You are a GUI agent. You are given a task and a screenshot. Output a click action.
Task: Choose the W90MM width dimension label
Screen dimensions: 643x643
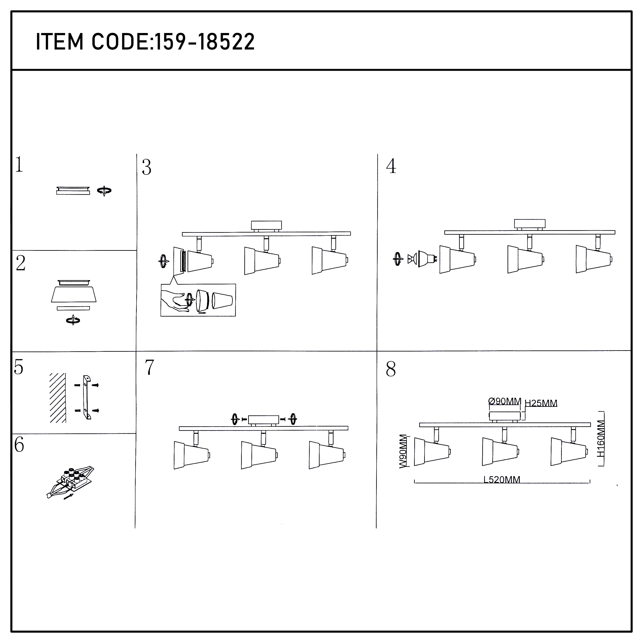[x=403, y=451]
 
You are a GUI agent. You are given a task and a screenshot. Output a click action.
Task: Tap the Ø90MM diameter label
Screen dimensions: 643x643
[x=505, y=401]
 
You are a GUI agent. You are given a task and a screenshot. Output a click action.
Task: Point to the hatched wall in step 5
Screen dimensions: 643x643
[x=58, y=398]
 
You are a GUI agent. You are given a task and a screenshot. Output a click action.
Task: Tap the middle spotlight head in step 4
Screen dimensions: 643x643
[x=526, y=259]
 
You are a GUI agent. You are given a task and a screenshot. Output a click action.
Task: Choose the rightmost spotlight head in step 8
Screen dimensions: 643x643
[x=568, y=451]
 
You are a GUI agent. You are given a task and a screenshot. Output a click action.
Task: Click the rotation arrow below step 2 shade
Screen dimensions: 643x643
[x=73, y=320]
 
